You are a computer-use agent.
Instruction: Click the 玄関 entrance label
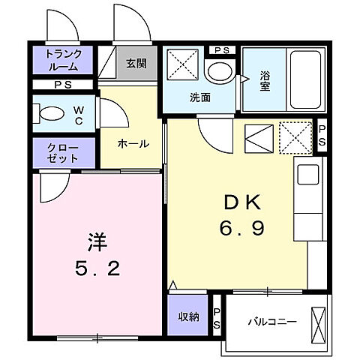[x=136, y=63]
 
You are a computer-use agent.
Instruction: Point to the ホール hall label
[x=133, y=143]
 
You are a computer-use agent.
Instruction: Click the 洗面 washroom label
[x=199, y=96]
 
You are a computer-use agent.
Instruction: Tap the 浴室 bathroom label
[x=265, y=80]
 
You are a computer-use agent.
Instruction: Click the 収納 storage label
[x=189, y=316]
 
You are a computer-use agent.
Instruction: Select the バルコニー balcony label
[x=272, y=322]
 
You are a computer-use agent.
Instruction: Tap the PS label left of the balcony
[x=217, y=318]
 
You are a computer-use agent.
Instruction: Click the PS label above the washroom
[x=221, y=49]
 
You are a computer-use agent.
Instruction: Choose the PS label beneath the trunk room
[x=63, y=85]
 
